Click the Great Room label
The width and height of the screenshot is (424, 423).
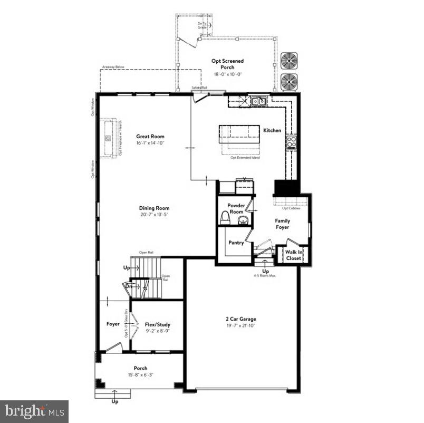pyautogui.click(x=150, y=136)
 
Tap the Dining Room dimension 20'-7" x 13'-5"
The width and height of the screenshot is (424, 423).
pyautogui.click(x=154, y=215)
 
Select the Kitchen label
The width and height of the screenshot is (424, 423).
pyautogui.click(x=272, y=130)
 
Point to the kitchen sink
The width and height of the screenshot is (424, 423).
pyautogui.click(x=258, y=100)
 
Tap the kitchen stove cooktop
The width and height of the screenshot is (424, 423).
pyautogui.click(x=291, y=141)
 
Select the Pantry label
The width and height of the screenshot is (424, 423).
pyautogui.click(x=236, y=243)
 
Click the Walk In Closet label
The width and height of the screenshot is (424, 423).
pyautogui.click(x=293, y=255)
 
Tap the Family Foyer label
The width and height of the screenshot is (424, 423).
pyautogui.click(x=282, y=224)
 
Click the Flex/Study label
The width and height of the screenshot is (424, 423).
pyautogui.click(x=157, y=324)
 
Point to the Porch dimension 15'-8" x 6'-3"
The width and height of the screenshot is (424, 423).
pyautogui.click(x=140, y=374)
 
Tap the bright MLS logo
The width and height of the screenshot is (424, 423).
pyautogui.click(x=34, y=411)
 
